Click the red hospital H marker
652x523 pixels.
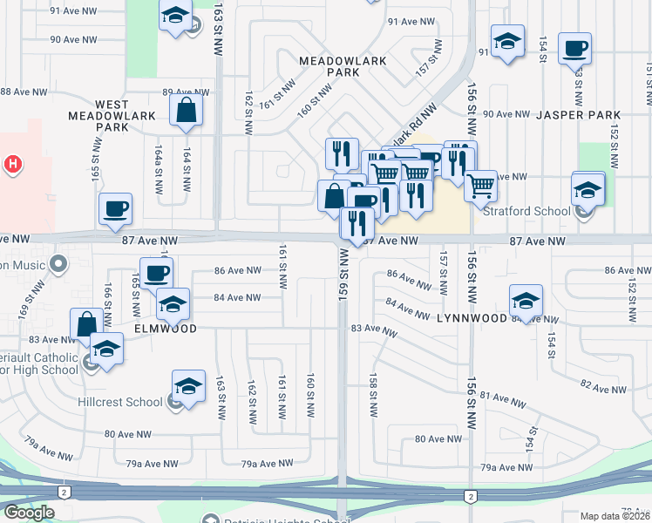point(12,163)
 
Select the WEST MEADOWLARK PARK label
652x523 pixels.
point(112,115)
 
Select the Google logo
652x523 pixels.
point(29,513)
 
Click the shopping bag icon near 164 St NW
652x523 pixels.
point(187,111)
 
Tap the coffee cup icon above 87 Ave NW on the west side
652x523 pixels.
point(115,208)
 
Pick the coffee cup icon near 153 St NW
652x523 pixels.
point(574,49)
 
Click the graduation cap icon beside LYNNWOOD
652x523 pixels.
point(526,301)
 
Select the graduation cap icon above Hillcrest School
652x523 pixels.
point(189,386)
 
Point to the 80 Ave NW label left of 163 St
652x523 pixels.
point(122,434)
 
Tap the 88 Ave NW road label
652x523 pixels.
point(17,92)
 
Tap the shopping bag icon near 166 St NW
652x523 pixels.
point(87,323)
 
